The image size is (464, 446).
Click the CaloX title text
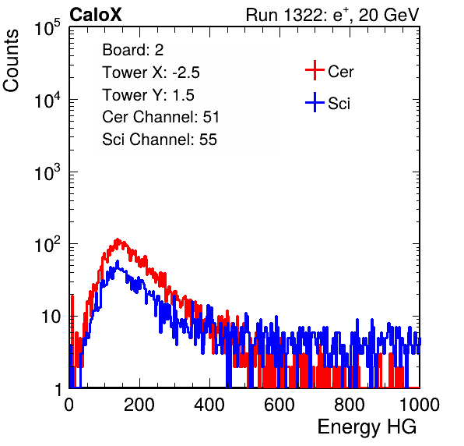96,15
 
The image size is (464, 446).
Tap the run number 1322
304,15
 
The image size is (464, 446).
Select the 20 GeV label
388,15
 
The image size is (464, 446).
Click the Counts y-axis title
11,61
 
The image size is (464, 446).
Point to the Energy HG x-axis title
367,427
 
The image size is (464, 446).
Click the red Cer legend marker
315,70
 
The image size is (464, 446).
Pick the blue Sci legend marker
315,103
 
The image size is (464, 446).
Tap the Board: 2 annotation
133,50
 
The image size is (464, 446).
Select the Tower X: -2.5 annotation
151,73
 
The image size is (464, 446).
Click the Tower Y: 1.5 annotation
148,95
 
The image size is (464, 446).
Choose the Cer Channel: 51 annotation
160,117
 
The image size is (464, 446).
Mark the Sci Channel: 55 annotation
160,140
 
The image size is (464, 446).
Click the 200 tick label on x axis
139,405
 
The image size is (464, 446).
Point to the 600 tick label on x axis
279,405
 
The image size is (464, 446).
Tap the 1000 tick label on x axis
420,405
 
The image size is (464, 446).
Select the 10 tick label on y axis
51,317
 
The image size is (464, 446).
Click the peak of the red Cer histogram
118,239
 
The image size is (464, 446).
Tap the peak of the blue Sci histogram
118,261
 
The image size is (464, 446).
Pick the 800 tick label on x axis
350,405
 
